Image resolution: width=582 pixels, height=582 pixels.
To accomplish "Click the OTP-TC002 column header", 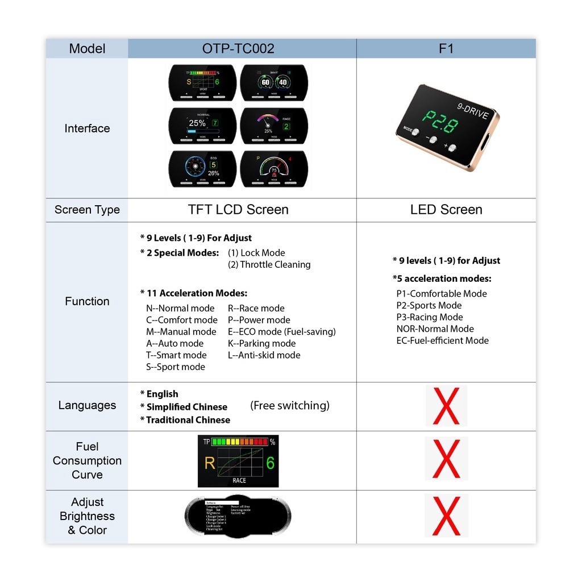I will [238, 49].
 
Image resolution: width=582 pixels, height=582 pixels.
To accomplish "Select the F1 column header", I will [446, 49].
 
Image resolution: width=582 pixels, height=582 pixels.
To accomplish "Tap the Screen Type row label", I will [87, 210].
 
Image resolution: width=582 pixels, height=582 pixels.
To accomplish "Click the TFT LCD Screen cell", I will [238, 210].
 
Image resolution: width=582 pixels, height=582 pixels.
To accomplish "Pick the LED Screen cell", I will [446, 210].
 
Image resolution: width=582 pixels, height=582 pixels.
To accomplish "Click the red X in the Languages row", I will [446, 406].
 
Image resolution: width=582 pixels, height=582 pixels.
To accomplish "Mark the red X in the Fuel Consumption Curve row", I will [446, 459].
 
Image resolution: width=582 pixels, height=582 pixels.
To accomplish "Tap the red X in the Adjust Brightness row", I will [446, 516].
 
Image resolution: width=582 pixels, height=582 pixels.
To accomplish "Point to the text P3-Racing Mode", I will [430, 317].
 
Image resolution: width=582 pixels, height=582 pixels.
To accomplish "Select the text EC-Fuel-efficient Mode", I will [442, 340].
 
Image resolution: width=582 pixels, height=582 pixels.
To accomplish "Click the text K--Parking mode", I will [262, 343].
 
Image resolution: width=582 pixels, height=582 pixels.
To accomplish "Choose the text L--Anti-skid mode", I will [264, 355].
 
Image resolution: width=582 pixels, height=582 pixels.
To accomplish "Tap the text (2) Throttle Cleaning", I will [269, 264].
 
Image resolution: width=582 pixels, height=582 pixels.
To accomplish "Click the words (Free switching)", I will [290, 405].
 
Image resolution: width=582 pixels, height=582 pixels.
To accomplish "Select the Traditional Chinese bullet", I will [185, 420].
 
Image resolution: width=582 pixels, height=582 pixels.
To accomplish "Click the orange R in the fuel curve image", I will [210, 463].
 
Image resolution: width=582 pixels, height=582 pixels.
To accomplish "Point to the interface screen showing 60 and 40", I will [275, 82].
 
